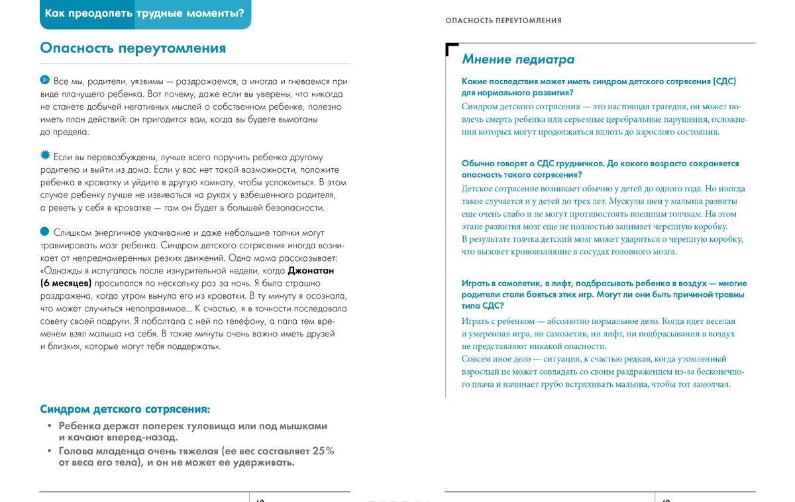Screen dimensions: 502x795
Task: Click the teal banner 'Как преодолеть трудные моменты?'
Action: [x=146, y=13]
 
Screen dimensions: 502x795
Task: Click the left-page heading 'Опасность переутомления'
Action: [x=132, y=48]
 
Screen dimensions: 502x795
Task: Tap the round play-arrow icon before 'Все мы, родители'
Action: [x=45, y=81]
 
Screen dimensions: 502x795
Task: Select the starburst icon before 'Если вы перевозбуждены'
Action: [x=45, y=156]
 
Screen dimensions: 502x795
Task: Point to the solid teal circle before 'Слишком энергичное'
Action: [x=45, y=231]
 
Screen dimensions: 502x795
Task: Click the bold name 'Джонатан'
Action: [x=311, y=271]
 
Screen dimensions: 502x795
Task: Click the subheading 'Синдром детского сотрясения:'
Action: [x=125, y=409]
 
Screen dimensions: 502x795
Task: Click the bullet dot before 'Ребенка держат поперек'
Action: [x=50, y=426]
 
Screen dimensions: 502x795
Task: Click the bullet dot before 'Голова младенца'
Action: [x=50, y=451]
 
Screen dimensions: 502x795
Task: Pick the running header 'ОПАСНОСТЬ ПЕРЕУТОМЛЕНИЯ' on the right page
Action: [x=503, y=21]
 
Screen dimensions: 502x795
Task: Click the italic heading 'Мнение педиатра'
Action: [x=518, y=60]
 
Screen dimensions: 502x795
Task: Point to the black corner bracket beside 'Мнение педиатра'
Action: [x=452, y=49]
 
